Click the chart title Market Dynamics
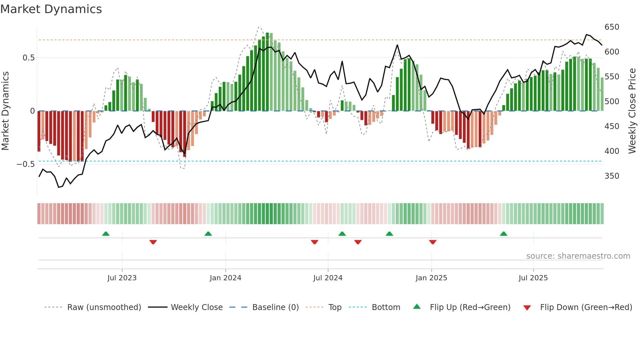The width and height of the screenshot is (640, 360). click(51, 9)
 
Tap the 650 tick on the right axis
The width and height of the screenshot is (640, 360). click(612, 27)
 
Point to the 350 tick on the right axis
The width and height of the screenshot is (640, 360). click(612, 176)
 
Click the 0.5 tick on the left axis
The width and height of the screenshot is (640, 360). click(28, 58)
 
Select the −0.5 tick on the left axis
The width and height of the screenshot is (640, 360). click(26, 164)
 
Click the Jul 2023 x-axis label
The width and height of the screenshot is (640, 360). click(122, 278)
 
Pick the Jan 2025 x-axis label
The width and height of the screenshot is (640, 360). click(431, 278)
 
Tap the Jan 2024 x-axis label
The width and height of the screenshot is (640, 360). click(225, 278)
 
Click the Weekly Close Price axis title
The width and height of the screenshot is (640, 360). click(632, 111)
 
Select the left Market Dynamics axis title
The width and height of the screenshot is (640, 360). click(5, 111)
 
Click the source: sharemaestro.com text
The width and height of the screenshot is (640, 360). click(578, 256)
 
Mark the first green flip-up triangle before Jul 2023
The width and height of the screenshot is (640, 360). click(106, 234)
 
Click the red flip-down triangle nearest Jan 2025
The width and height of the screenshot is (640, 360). click(433, 242)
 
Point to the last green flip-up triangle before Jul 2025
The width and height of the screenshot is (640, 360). click(504, 234)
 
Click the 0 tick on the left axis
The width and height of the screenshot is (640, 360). click(32, 111)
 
